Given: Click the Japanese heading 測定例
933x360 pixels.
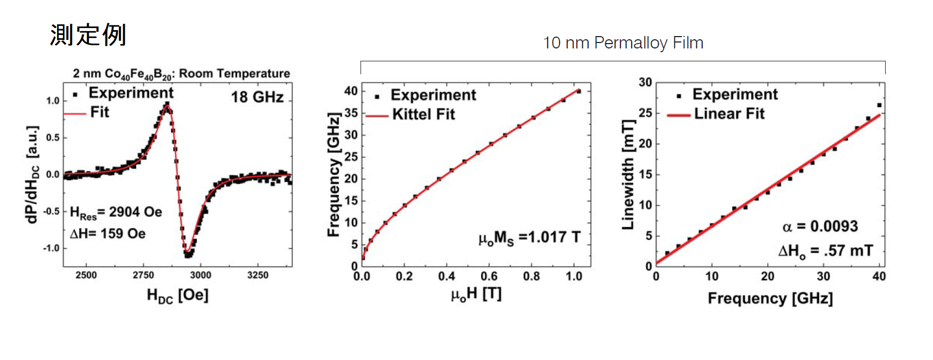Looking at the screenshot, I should point(88,36).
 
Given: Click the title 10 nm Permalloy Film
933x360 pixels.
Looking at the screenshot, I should point(623,43).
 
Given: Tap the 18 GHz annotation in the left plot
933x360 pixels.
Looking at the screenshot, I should point(257,97).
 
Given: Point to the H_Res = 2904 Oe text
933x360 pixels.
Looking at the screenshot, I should point(116,213).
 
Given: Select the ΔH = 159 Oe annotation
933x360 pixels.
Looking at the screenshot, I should point(108,234).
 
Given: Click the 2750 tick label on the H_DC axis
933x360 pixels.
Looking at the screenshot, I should point(143,275).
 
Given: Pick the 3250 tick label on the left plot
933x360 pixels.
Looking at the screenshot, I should point(258,275).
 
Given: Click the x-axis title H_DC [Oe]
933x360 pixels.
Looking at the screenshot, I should point(178,295).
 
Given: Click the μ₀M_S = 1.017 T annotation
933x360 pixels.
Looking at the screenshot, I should point(529,238).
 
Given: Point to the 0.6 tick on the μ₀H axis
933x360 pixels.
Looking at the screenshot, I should point(489,277).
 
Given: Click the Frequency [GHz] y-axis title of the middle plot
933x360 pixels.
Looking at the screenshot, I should point(334,174).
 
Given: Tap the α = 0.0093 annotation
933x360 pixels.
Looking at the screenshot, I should point(820,227).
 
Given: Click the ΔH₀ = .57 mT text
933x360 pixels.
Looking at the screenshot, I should point(825,251).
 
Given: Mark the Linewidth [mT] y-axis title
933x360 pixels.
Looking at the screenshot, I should point(628,174).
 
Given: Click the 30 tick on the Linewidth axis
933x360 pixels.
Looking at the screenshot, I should point(645,82).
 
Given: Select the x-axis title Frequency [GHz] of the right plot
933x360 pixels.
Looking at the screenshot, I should point(770,299).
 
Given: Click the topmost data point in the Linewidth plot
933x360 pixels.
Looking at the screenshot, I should point(879,105).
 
